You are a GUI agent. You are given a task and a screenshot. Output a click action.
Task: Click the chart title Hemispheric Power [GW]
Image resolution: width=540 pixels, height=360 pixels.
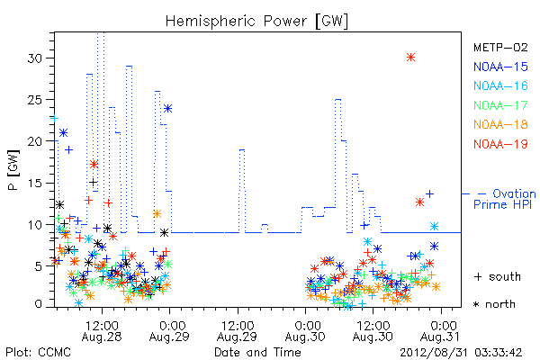tap(256, 22)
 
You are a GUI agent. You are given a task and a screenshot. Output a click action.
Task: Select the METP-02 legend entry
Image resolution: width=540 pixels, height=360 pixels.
tap(500, 47)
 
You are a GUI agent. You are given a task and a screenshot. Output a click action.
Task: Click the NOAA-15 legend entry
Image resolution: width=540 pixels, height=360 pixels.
tap(500, 67)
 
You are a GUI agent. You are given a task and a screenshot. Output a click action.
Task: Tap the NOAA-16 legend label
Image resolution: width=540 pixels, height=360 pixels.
tap(500, 85)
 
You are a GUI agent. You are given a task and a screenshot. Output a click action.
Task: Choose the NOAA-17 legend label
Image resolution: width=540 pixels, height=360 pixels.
tap(500, 105)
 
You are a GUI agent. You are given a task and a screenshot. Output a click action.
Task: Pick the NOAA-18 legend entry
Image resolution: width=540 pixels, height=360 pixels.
tap(500, 124)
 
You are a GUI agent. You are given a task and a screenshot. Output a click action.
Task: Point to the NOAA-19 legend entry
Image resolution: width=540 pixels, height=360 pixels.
tap(500, 144)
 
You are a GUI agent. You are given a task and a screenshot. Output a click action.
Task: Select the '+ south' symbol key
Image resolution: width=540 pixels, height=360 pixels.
tap(498, 276)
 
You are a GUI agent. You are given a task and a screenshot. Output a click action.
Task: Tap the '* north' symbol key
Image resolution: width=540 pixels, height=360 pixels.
tap(494, 304)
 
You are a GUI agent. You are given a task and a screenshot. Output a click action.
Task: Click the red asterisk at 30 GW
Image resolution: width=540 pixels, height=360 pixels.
tap(410, 58)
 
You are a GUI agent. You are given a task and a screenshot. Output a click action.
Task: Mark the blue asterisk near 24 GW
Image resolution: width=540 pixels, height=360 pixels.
tap(167, 109)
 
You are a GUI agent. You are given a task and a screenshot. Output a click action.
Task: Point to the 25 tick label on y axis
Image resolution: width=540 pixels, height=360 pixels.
tap(35, 100)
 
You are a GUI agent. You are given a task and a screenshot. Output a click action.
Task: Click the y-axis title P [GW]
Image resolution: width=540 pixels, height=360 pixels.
tap(13, 170)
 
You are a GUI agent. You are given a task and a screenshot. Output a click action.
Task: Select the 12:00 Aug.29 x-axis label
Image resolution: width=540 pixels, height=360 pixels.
tap(238, 331)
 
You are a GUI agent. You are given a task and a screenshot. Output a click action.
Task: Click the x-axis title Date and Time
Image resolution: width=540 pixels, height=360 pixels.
tap(257, 353)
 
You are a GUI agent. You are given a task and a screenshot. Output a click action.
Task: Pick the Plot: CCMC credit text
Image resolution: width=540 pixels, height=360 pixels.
tap(38, 353)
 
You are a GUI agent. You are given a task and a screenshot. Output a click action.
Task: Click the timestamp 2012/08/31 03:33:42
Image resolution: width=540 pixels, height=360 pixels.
tap(461, 353)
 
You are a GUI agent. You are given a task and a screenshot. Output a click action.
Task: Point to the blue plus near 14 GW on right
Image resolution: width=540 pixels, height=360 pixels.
tap(429, 194)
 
